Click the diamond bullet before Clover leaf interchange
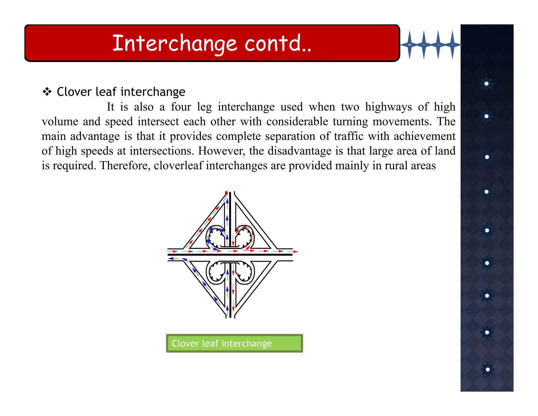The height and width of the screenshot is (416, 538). [47, 92]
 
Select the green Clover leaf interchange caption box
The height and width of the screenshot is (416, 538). [234, 343]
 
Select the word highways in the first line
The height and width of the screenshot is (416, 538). [389, 107]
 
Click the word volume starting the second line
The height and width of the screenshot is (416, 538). [60, 121]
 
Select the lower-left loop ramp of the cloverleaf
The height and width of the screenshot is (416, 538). [216, 272]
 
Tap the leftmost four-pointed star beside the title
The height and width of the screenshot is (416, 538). [410, 45]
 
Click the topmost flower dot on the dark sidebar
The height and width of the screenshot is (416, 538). [487, 84]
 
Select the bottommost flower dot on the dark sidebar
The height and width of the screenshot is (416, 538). [488, 369]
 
